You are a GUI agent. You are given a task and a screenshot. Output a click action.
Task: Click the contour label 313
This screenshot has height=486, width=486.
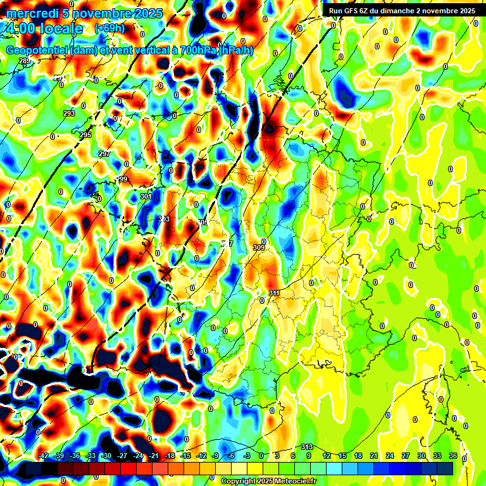[308, 447]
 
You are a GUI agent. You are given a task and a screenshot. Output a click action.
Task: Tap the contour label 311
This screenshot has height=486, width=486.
[274, 293]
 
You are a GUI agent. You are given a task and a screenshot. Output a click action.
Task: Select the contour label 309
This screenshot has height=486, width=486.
[258, 247]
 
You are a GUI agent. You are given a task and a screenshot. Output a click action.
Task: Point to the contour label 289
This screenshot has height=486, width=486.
[24, 61]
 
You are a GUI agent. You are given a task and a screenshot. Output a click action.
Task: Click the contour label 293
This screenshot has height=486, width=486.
[68, 113]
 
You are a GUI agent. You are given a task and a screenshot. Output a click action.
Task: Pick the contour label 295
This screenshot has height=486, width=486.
[85, 135]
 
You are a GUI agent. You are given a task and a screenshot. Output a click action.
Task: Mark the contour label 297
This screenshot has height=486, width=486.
[104, 154]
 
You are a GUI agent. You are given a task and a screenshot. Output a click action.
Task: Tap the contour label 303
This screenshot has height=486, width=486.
[164, 219]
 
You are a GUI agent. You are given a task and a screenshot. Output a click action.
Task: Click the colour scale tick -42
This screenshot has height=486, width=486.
[44, 456]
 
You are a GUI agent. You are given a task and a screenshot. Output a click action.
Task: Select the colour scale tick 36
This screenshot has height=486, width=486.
[453, 456]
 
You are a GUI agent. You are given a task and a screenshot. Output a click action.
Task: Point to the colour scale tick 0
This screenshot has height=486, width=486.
[261, 456]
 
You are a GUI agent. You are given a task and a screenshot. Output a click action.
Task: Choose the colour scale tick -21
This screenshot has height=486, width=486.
[154, 456]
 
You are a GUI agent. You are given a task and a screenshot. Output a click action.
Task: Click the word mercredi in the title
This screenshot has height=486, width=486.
[32, 13]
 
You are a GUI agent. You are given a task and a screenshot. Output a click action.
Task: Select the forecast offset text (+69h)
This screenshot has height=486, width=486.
[109, 28]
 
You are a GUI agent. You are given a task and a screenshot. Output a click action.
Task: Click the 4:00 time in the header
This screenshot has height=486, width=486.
[22, 28]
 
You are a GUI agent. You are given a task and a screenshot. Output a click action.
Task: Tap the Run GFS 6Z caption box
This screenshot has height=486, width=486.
[402, 11]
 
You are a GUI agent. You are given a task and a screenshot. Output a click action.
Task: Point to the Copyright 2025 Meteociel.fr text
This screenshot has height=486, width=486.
[269, 481]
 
